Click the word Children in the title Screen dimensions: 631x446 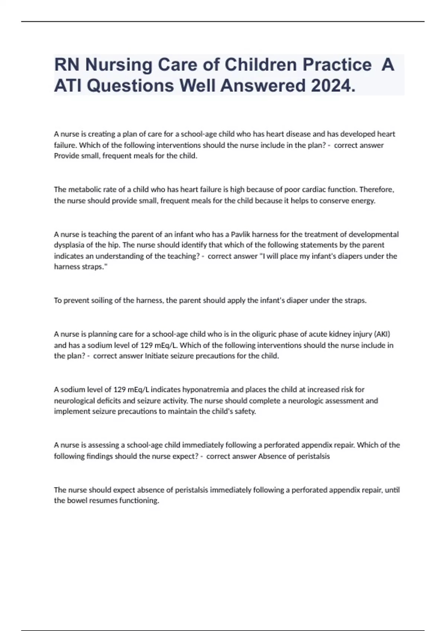261,65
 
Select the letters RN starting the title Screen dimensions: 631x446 67,65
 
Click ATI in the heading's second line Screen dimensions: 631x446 67,86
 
